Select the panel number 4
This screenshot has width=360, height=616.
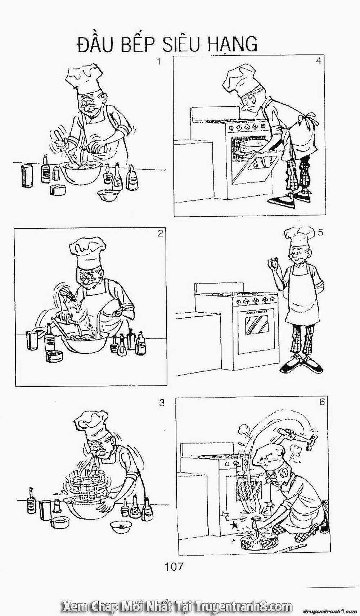[x=319, y=61]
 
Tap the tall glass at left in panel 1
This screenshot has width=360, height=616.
[x=27, y=176]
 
